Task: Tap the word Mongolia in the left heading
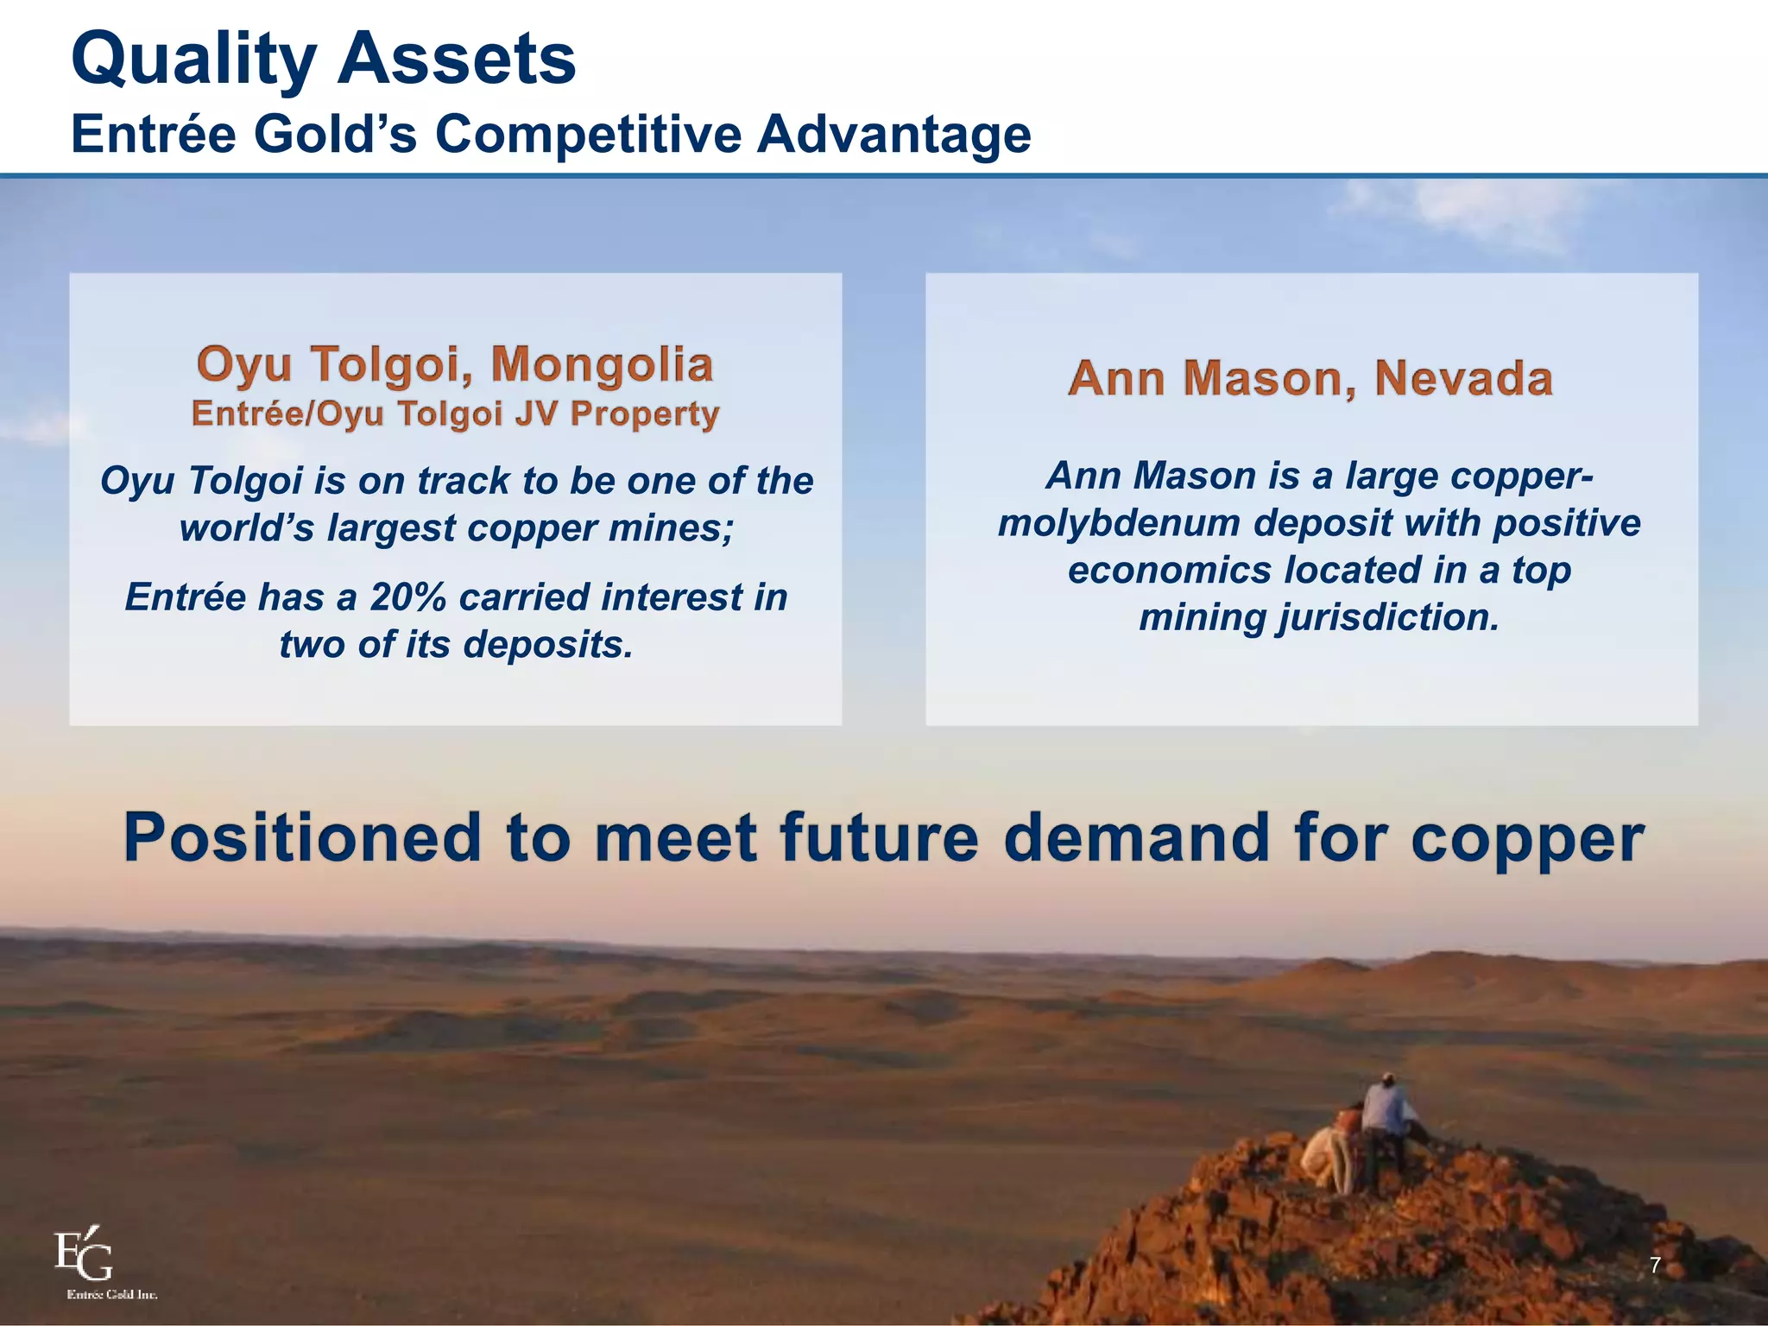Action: pyautogui.click(x=602, y=363)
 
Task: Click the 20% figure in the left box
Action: pyautogui.click(x=406, y=597)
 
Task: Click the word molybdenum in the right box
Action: pyautogui.click(x=1120, y=523)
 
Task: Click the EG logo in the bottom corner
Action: pyautogui.click(x=85, y=1256)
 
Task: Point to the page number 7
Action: pyautogui.click(x=1655, y=1266)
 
